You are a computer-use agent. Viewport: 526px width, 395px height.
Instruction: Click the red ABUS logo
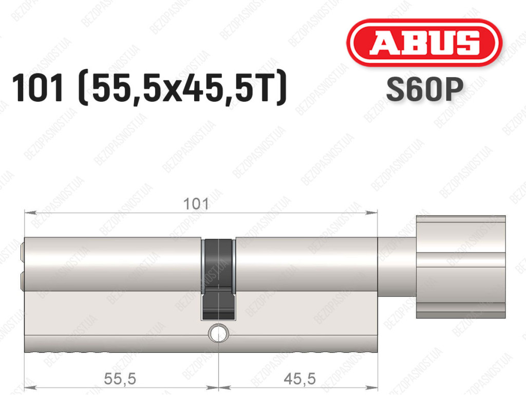click(424, 43)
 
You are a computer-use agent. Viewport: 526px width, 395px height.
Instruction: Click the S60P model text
click(425, 89)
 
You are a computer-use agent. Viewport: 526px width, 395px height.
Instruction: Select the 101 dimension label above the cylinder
click(196, 204)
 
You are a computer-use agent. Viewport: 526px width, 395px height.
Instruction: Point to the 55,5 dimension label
click(120, 379)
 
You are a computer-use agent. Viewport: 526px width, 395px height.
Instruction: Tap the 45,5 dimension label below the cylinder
click(299, 379)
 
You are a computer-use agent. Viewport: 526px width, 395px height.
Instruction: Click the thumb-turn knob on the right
click(461, 267)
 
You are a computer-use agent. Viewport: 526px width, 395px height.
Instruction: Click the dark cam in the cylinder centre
click(218, 279)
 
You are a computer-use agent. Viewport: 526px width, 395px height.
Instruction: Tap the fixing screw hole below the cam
click(218, 333)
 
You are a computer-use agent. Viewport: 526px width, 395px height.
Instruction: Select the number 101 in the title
click(37, 88)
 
